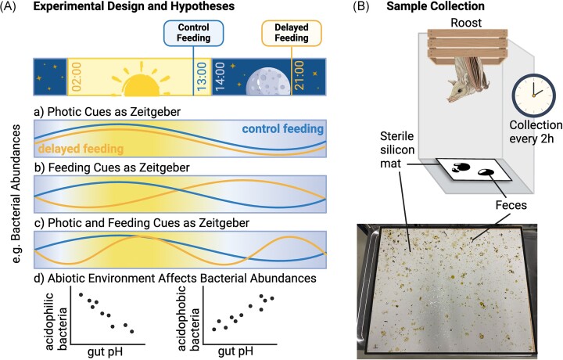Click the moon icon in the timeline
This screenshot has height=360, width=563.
tap(259, 79)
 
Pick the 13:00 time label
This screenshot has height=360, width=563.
tap(203, 77)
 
